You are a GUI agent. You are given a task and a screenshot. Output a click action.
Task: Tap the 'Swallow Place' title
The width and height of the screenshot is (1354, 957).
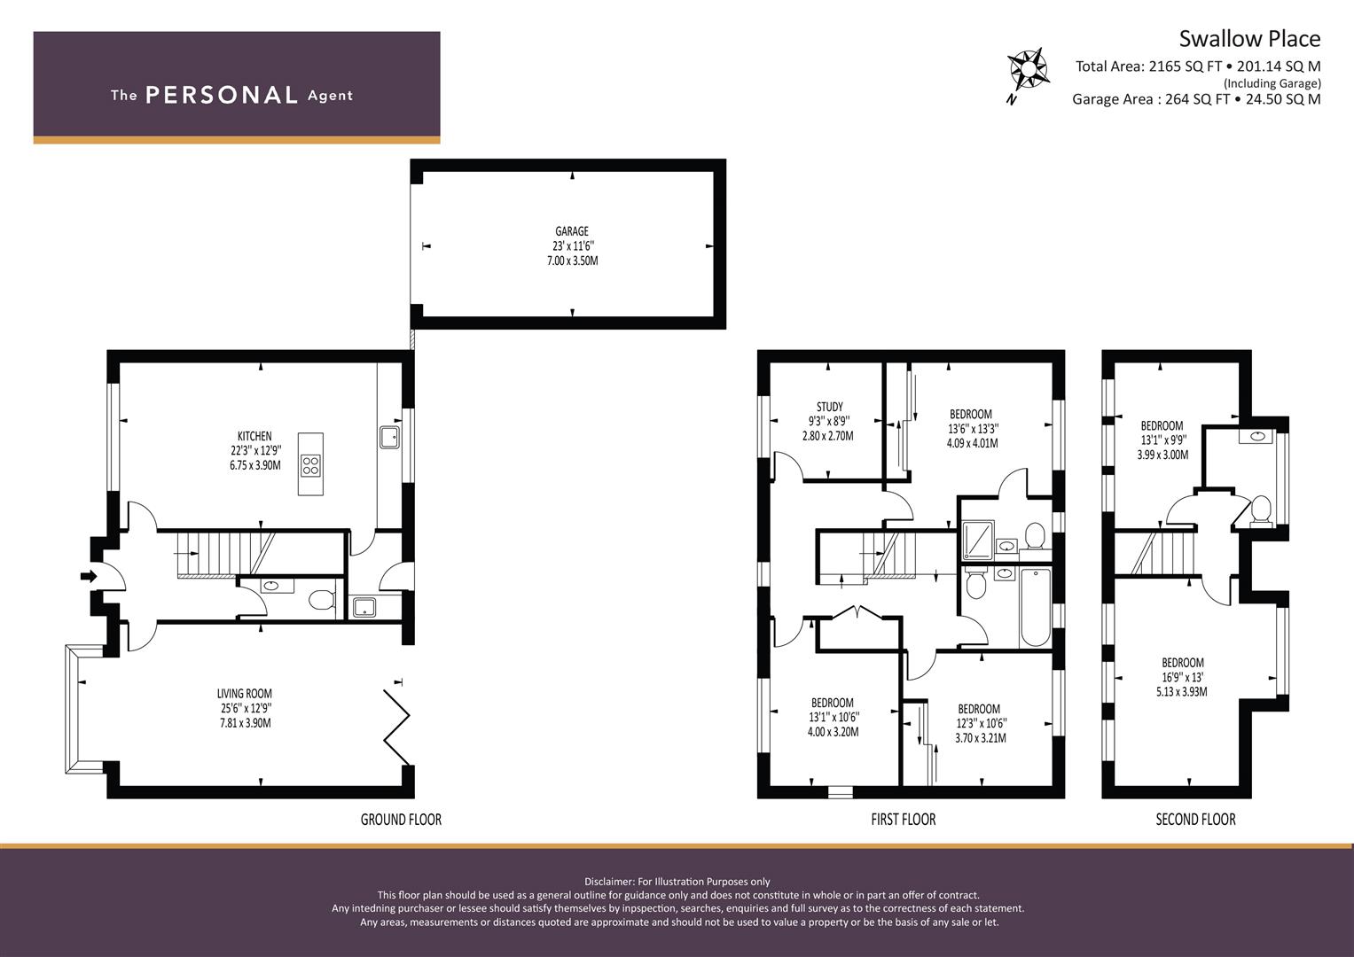point(1249,39)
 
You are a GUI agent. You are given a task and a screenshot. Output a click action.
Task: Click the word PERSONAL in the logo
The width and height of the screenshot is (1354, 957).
point(222,95)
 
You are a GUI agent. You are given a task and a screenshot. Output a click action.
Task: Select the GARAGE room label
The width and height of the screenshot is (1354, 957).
point(572,230)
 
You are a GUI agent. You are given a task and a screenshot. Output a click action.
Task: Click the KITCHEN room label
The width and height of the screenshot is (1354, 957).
point(254,436)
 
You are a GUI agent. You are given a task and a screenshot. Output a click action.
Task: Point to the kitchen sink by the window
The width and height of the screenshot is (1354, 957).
point(389,438)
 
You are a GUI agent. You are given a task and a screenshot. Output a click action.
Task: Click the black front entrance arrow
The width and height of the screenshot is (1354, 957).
point(89,576)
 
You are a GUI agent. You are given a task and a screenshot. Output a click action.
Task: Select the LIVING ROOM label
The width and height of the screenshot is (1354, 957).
point(245,694)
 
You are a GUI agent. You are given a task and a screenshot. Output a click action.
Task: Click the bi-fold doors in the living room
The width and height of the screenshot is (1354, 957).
point(396,727)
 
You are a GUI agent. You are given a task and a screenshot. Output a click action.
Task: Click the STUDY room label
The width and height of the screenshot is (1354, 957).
point(829,407)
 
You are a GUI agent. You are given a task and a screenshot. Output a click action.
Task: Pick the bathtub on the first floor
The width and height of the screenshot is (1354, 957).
point(1035,607)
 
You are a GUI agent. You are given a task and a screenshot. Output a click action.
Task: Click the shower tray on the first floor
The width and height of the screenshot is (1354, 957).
point(977,541)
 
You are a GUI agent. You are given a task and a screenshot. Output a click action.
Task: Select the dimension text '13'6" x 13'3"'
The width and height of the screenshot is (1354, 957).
point(974,428)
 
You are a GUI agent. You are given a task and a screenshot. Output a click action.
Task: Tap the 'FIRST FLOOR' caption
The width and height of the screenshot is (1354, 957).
point(903,820)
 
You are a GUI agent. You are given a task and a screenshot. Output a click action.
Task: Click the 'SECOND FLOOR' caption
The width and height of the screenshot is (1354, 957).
point(1195,820)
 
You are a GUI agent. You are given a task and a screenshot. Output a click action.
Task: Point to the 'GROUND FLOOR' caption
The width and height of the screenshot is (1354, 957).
point(402,820)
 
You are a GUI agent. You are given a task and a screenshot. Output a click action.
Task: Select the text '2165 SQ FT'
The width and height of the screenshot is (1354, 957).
point(1186,66)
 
